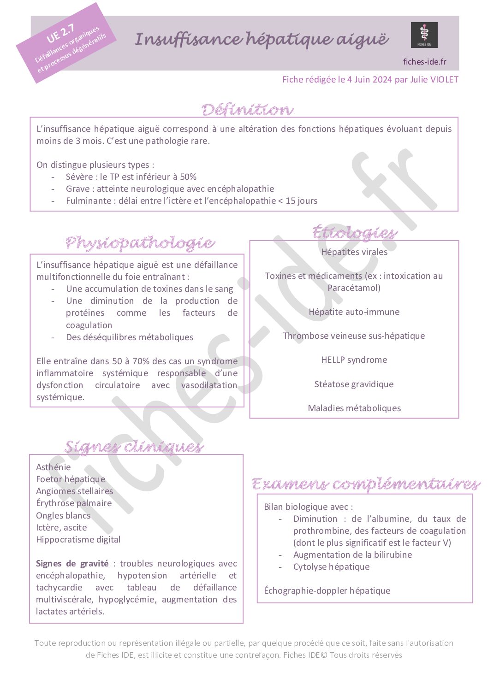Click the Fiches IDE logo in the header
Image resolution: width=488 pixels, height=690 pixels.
424,35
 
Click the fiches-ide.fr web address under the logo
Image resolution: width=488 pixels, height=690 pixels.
424,62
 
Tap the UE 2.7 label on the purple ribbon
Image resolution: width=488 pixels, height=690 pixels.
60,33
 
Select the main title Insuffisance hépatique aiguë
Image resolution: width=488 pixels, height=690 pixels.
262,39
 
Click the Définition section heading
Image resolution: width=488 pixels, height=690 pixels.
247,110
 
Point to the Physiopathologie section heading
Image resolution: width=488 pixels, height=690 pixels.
140,242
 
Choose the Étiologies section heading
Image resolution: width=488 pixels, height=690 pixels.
354,232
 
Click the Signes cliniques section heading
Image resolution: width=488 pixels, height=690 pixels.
134,447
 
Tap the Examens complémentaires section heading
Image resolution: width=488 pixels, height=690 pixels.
366,484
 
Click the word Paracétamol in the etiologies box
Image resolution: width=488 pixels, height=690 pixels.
354,288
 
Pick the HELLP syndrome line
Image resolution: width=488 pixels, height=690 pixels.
354,360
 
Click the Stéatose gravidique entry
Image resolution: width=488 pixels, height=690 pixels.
354,384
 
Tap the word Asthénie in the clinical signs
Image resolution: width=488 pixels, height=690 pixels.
54,467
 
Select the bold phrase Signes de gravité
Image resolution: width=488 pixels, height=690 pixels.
72,563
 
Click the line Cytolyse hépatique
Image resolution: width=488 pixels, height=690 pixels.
331,566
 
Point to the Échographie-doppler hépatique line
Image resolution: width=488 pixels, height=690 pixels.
327,590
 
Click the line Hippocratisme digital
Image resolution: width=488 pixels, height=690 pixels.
78,539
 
